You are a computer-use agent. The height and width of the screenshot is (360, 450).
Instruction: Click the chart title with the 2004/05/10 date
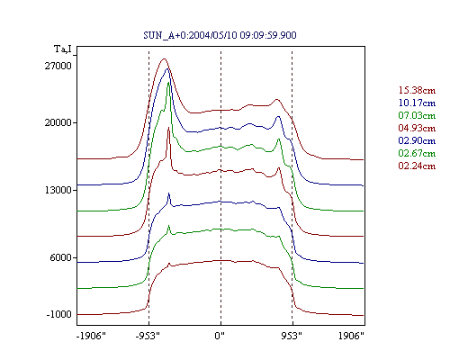(220, 35)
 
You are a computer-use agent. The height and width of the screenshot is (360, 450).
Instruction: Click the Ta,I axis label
(63, 49)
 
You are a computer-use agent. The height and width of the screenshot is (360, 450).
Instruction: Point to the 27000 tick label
(58, 66)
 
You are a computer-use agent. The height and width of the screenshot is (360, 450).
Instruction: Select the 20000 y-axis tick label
(58, 122)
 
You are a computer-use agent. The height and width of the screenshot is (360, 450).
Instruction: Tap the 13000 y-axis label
(58, 190)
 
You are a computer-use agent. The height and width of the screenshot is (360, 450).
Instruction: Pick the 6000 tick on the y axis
(61, 257)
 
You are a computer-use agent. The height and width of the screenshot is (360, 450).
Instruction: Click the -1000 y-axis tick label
(58, 314)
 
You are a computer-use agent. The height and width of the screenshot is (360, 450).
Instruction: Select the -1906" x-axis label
(91, 336)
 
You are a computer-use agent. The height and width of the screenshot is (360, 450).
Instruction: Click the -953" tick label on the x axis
(148, 336)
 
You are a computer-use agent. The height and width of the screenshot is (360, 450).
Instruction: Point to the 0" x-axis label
(220, 336)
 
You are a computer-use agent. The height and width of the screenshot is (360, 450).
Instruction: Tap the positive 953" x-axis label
(292, 336)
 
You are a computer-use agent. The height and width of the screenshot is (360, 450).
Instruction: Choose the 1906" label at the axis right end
(351, 336)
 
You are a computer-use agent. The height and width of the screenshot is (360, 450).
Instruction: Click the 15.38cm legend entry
(417, 90)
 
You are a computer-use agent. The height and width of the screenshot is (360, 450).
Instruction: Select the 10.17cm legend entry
(417, 103)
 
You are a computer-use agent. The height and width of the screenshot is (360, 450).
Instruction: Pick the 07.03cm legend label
(417, 115)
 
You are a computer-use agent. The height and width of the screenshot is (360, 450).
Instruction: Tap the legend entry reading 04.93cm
(417, 128)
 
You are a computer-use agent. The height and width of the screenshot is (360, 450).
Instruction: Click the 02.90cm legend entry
(417, 140)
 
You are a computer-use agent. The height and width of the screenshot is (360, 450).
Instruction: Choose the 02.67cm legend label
(417, 153)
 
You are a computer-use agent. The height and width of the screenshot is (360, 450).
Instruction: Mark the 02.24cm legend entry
(417, 166)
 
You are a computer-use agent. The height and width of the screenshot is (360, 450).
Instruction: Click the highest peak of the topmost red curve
(164, 58)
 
